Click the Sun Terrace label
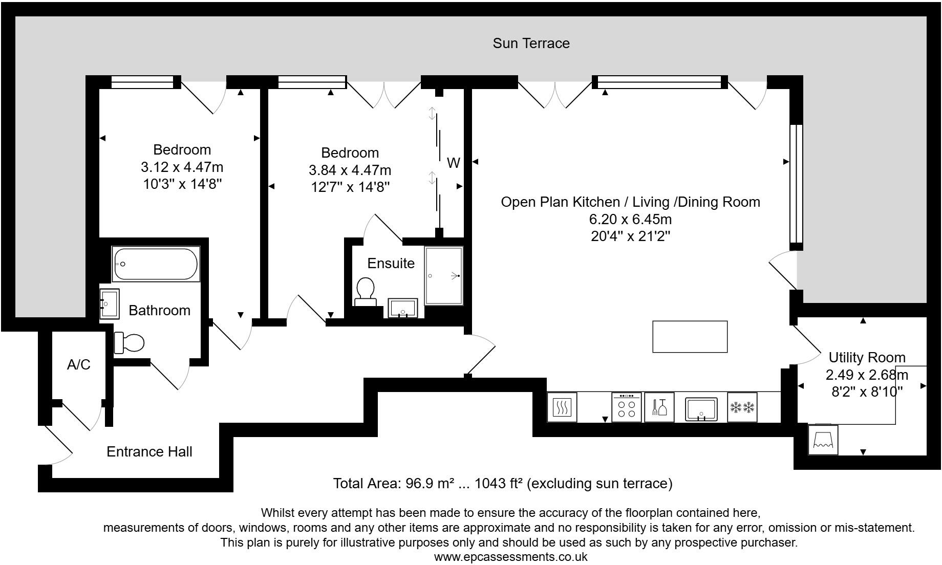point(531,44)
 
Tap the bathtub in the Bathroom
point(156,264)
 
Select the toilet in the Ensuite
point(366,291)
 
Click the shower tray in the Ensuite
point(443,276)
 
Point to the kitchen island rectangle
point(690,336)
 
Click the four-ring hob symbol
point(626,407)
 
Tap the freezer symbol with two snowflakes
point(742,407)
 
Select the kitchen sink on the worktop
point(701,408)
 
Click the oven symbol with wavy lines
point(562,407)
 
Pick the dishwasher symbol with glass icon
point(659,407)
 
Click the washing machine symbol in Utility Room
point(823,439)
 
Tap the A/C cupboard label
point(78,365)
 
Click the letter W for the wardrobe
point(453,163)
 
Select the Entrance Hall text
point(149,452)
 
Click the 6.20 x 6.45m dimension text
point(630,220)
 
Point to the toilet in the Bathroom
point(129,343)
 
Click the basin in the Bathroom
point(109,304)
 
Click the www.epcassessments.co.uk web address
point(510,557)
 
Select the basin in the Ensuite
point(403,308)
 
